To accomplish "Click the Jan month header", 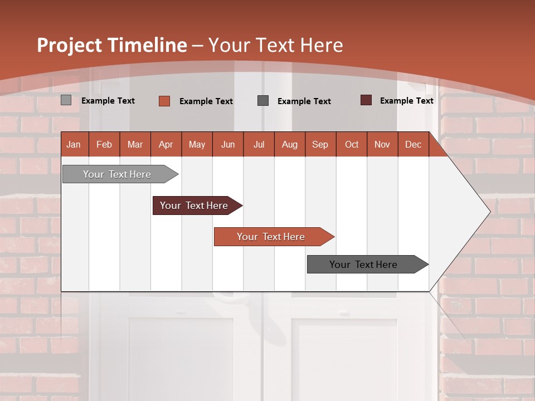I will [74, 144].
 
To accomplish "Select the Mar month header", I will [135, 144].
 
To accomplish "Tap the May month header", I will [197, 144].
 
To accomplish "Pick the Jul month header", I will [259, 144].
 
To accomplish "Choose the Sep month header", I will [320, 144].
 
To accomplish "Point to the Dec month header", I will [413, 144].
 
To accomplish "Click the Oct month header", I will [352, 144].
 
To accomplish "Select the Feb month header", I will [104, 144].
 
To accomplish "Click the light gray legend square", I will [66, 100].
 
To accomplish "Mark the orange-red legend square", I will [164, 101].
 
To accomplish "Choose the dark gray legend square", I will [263, 101].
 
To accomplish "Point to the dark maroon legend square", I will [366, 100].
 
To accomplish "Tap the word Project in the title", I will [70, 45].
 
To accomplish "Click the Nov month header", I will [382, 144].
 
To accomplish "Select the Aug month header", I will [289, 144].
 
